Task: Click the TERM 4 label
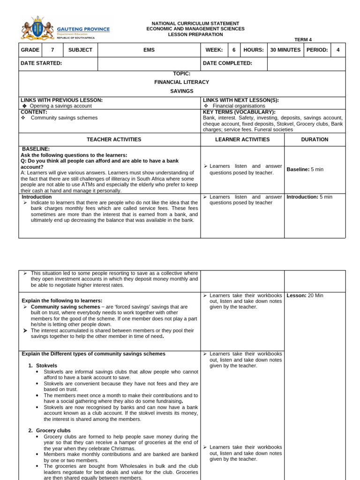[303, 40]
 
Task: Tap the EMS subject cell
[149, 50]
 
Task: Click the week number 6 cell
[234, 50]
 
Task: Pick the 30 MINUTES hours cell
[285, 50]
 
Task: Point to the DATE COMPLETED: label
[227, 63]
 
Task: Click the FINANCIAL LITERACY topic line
[182, 82]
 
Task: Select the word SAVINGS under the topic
[182, 91]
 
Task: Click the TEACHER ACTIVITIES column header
[114, 140]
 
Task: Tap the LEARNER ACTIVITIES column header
[242, 140]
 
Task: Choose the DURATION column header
[315, 140]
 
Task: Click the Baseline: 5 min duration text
[305, 169]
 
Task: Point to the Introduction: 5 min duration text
[309, 197]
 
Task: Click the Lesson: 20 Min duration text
[305, 295]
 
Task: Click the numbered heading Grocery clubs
[53, 430]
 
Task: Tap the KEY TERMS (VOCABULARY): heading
[239, 112]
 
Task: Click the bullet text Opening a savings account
[61, 106]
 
